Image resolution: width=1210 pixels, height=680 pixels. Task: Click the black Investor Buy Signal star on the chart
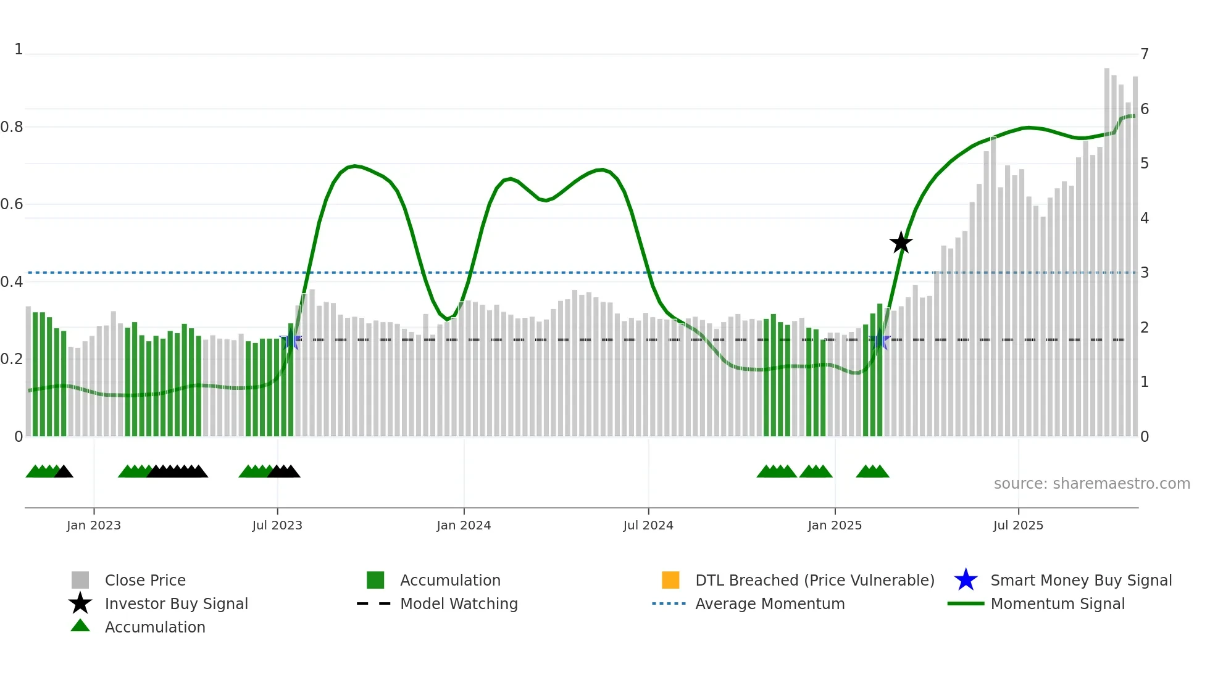(901, 243)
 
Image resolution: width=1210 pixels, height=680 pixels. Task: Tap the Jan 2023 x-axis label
(94, 525)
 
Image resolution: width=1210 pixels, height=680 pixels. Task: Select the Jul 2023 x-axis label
(277, 525)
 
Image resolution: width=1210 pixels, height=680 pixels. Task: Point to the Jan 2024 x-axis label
(464, 525)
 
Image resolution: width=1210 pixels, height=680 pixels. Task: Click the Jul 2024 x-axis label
(648, 525)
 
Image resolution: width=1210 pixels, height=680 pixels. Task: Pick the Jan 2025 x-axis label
(835, 525)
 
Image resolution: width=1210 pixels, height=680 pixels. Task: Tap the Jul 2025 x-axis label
(1018, 525)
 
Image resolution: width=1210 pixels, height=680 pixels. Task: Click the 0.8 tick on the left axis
(12, 127)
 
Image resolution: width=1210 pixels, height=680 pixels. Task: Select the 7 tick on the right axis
(1145, 54)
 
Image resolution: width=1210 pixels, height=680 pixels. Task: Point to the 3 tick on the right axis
(1145, 273)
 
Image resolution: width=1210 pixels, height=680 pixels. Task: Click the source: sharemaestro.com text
(1091, 484)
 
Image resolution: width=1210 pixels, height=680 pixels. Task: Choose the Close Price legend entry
(145, 580)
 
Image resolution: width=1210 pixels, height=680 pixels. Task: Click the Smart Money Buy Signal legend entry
(1081, 580)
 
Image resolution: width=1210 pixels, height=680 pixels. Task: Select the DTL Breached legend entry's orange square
(670, 580)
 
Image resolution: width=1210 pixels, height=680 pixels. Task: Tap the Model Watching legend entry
(459, 603)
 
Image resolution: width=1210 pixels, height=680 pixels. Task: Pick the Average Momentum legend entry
(770, 603)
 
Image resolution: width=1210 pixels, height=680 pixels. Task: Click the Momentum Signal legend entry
(1058, 603)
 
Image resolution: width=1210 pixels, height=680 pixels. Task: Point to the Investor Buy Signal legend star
(80, 603)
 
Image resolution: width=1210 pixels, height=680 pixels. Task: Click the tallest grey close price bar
(1107, 247)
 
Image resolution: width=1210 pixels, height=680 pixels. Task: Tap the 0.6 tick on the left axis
(12, 204)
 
